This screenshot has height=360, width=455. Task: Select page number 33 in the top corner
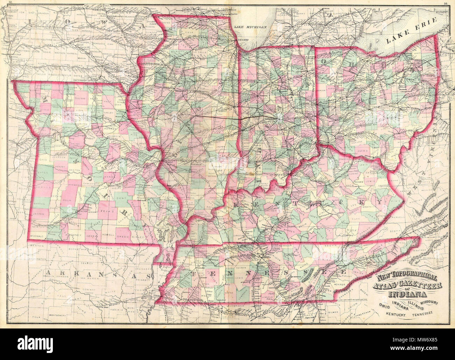(11, 4)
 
